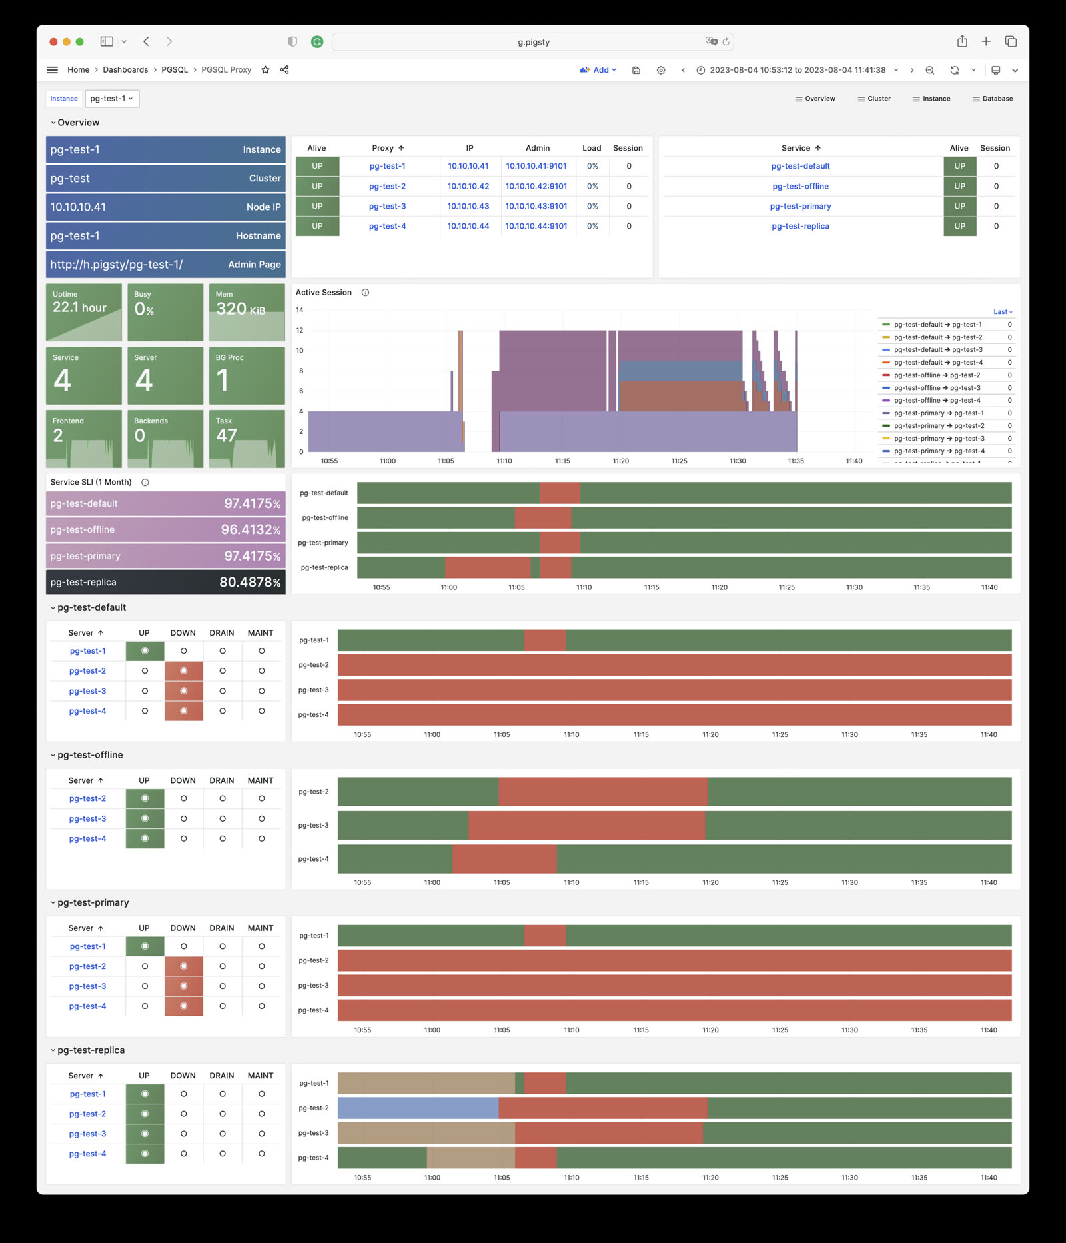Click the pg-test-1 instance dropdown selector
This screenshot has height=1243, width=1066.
112,99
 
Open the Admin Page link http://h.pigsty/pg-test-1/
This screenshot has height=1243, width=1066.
117,265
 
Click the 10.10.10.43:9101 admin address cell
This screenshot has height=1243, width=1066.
536,207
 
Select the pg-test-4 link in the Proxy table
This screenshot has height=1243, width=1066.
387,227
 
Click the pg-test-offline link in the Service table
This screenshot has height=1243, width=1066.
800,187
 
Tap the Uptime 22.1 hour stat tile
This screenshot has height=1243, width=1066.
83,312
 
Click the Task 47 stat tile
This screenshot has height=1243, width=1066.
247,438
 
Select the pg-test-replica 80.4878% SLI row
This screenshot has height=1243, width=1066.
165,582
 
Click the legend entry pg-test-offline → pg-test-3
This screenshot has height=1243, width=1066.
937,388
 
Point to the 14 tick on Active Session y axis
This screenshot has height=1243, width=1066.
300,310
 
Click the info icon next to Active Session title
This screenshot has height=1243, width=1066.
365,293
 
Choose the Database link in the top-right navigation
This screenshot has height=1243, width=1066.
993,99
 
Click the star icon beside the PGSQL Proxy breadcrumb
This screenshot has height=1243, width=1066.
265,70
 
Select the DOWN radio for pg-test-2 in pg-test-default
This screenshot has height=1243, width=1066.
183,671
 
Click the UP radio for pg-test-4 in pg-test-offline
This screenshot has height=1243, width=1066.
145,838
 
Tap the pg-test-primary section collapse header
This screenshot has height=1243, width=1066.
93,902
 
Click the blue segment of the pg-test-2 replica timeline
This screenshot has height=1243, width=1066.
418,1108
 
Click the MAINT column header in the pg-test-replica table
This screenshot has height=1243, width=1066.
261,1076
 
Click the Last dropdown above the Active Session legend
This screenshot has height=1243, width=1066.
1002,312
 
